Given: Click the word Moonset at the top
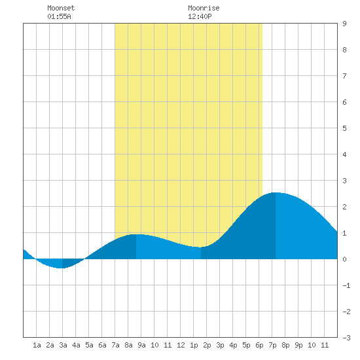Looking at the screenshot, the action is click(x=61, y=8).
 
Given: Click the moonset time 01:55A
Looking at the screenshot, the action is click(x=59, y=16).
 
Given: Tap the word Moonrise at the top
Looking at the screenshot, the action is click(x=204, y=8).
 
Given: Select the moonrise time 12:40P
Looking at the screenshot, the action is click(x=200, y=16).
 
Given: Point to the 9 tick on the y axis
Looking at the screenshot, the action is click(x=344, y=24).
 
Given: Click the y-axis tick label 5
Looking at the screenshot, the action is click(x=344, y=128).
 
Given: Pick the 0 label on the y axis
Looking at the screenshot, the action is click(x=344, y=259).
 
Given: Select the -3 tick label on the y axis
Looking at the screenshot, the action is click(x=346, y=338).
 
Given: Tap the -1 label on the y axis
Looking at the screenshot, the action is click(x=346, y=285).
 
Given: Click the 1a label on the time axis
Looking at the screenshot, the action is click(x=37, y=345).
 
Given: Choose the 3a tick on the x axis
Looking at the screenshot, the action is click(x=63, y=345).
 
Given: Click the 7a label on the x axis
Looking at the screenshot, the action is click(x=115, y=345).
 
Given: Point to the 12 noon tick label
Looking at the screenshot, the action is click(x=181, y=345).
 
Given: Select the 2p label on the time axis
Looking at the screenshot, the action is click(x=207, y=345).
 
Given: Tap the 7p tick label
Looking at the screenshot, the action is click(x=272, y=345).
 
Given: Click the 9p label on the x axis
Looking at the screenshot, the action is click(x=298, y=345).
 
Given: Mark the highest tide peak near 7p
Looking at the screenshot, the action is click(x=276, y=192).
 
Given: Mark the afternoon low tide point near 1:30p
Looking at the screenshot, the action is click(x=201, y=247).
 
